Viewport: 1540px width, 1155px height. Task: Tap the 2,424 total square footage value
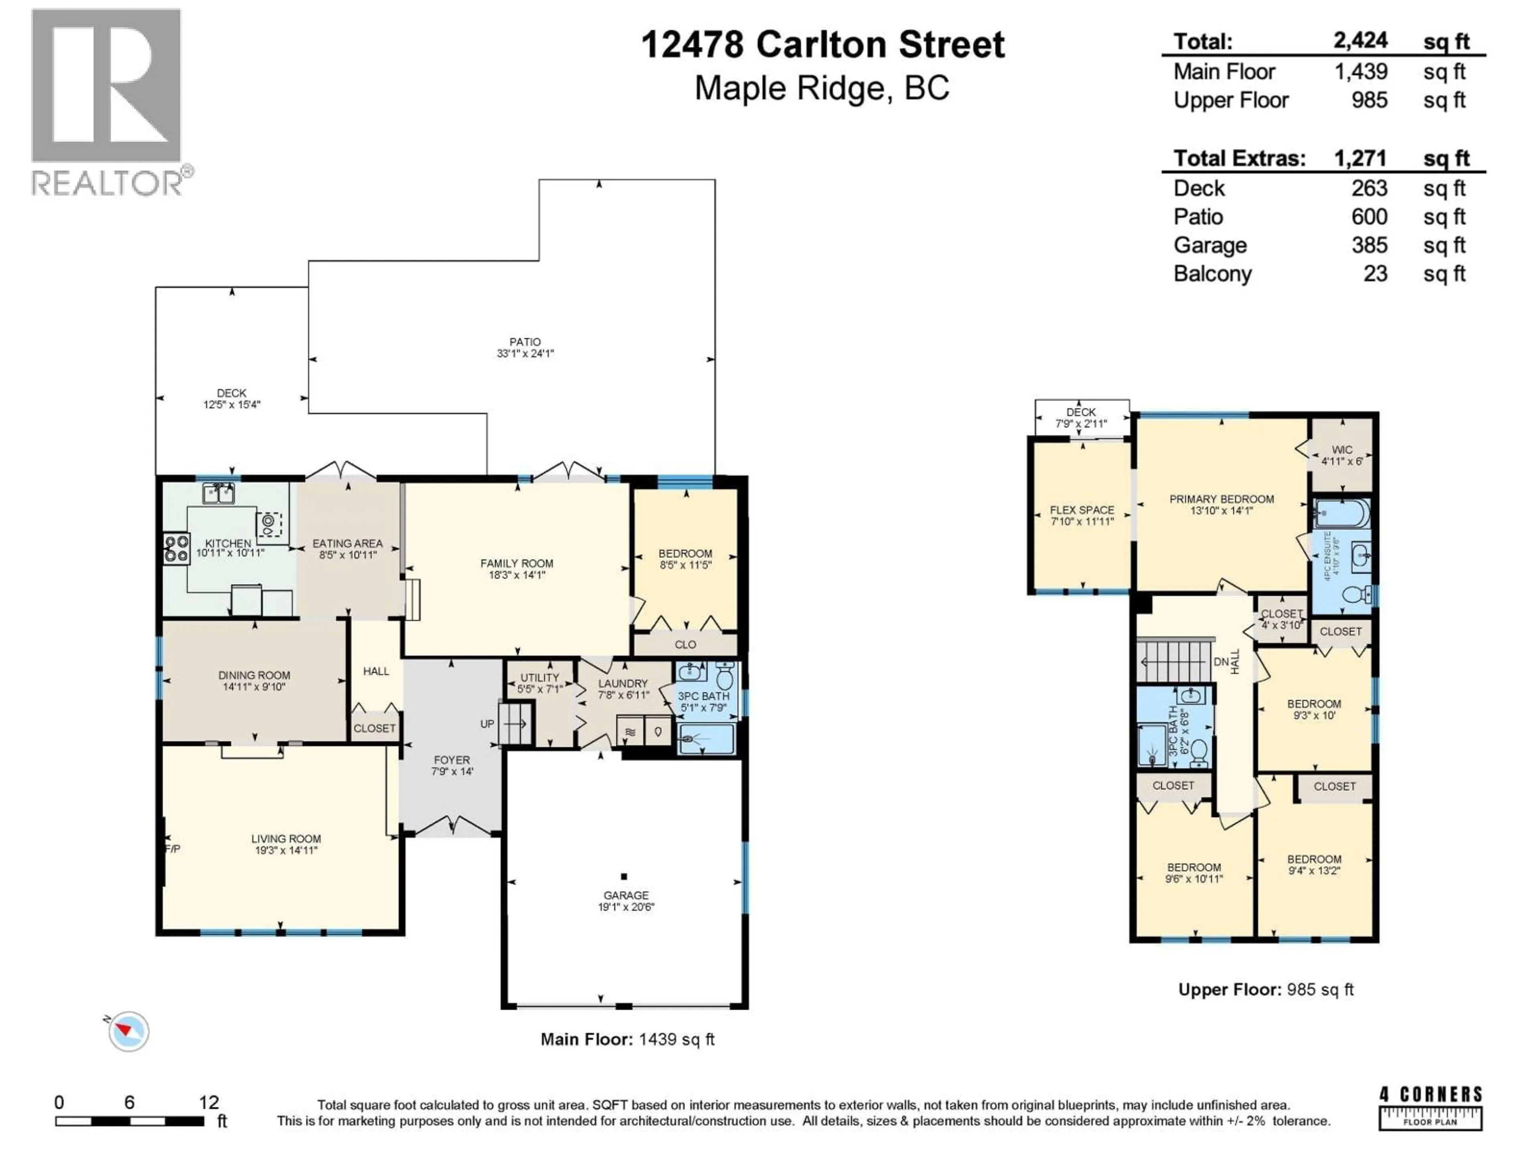1360,41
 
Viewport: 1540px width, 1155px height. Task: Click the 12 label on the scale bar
208,1102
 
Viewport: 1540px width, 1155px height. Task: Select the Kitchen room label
228,543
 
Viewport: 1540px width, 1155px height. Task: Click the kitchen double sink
219,494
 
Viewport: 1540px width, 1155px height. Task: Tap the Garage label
626,895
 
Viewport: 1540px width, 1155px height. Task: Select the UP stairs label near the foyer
486,724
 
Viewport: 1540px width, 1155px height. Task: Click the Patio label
524,342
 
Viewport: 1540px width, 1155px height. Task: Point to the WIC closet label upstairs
1341,450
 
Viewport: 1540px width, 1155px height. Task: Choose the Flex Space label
1081,510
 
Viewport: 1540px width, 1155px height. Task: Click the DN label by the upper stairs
1220,662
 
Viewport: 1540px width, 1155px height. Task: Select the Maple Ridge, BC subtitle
821,88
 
